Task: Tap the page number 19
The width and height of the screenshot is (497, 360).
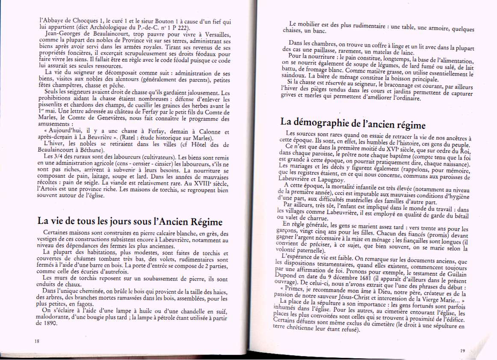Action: click(462, 351)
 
